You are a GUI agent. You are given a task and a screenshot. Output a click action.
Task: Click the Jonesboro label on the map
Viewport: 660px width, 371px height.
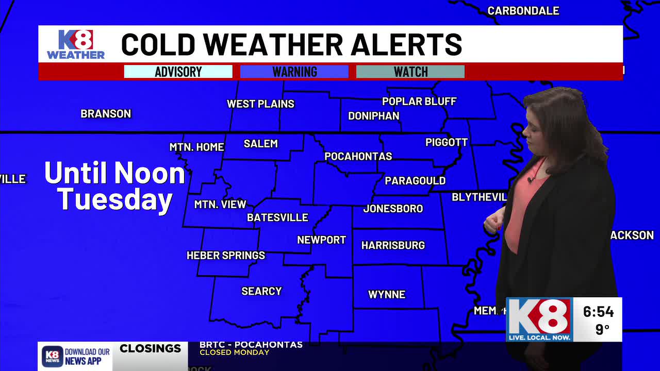(x=393, y=209)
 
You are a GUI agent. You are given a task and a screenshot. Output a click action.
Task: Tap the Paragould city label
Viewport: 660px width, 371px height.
(x=415, y=181)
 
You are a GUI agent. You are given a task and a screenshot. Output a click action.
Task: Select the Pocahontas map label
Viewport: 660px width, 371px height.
(x=358, y=156)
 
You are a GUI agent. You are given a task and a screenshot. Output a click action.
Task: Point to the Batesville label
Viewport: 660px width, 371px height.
(x=277, y=217)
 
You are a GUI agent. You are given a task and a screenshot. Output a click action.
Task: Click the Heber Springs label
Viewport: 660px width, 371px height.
(x=226, y=255)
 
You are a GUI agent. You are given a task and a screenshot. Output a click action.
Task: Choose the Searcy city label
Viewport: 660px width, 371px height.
(x=261, y=291)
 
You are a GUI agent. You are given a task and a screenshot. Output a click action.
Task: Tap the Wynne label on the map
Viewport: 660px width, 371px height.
(x=387, y=295)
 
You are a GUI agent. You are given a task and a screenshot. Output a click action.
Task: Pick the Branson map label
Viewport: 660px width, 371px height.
(x=106, y=114)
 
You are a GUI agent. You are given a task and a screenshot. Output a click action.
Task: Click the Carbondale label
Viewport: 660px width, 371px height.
(x=523, y=11)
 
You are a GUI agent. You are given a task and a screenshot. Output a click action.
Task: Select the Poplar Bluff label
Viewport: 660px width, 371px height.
(x=419, y=102)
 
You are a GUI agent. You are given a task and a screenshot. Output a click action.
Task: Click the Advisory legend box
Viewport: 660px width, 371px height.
(x=178, y=72)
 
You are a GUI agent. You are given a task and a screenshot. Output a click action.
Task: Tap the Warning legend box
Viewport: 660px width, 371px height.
(x=294, y=72)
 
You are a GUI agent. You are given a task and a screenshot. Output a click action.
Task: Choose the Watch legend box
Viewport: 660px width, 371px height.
(x=410, y=72)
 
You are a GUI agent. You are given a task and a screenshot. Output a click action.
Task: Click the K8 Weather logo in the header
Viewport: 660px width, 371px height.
(x=76, y=44)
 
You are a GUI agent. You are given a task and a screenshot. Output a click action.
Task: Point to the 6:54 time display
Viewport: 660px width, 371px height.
(x=598, y=312)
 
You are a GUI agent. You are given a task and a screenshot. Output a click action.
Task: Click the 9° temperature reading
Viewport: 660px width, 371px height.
(x=602, y=329)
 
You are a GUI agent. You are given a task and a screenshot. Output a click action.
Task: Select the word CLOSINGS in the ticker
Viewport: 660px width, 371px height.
(x=150, y=349)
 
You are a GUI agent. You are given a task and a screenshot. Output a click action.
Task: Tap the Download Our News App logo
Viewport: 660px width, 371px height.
(x=76, y=356)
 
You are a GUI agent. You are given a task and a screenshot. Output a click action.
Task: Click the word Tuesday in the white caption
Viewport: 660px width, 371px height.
(x=114, y=199)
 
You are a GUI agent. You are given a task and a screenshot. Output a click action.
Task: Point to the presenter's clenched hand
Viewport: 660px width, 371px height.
(x=492, y=223)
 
